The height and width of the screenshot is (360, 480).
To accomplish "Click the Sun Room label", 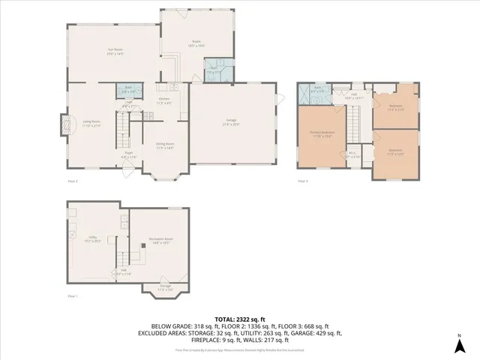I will point(114,52).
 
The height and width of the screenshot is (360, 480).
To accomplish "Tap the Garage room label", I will point(232,121).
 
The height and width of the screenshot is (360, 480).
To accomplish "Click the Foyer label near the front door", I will point(129,155).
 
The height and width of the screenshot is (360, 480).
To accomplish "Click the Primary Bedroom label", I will point(322,134).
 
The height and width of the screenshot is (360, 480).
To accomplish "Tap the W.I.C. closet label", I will point(353,154).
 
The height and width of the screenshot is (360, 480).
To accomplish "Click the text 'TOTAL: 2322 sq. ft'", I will point(240,319).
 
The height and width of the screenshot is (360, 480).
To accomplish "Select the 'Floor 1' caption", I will point(73,297).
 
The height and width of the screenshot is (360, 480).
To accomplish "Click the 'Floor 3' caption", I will point(303,181).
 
